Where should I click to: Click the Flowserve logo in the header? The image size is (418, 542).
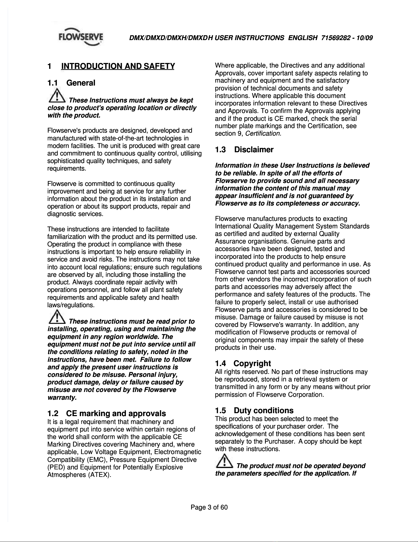[81, 38]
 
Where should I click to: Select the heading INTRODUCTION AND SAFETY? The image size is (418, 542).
[118, 66]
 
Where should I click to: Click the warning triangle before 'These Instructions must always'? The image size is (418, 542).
[57, 97]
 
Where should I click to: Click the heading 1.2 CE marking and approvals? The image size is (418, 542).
[106, 413]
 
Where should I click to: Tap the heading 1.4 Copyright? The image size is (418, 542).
[243, 363]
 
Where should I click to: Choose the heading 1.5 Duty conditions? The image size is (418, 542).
[254, 410]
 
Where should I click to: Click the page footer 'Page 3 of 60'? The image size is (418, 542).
[209, 508]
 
